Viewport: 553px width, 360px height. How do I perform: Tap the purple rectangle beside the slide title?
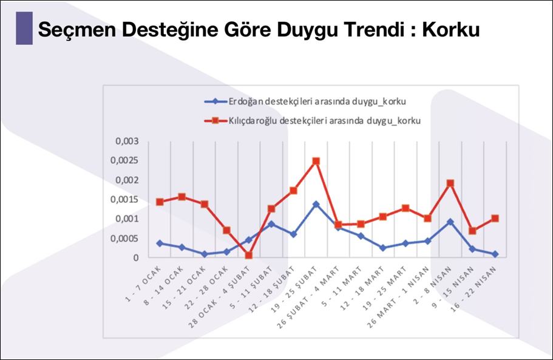[x=24, y=28]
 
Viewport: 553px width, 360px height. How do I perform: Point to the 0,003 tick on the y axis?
[x=127, y=141]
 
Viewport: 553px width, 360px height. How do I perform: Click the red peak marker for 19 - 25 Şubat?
[x=316, y=161]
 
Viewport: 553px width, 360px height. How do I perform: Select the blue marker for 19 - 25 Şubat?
[x=316, y=204]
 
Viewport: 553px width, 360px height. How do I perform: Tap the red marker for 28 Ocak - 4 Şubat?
[x=249, y=255]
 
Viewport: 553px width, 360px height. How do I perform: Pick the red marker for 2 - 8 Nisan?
[x=450, y=183]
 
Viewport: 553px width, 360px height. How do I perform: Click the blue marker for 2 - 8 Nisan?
[x=450, y=222]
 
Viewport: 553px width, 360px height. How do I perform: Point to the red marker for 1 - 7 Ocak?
[x=160, y=202]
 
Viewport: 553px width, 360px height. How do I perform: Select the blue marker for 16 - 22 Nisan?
[x=495, y=254]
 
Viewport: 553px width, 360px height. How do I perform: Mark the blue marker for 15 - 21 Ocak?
[x=205, y=254]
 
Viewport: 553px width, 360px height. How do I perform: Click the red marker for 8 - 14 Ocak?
[x=182, y=197]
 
